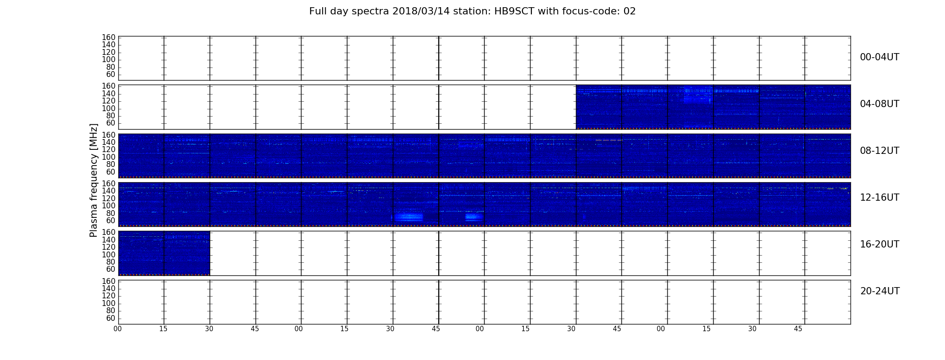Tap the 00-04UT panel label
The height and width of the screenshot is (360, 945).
[x=880, y=57]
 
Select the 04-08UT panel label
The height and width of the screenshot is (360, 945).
[x=880, y=104]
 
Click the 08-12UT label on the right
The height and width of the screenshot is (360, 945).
[x=880, y=151]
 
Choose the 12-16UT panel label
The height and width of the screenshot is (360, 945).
[x=880, y=198]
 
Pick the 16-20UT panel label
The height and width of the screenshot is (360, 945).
[x=880, y=244]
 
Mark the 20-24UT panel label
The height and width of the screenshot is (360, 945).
[x=880, y=291]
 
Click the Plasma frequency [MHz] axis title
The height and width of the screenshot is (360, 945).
[x=94, y=180]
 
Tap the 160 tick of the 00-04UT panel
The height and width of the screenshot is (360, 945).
[x=108, y=37]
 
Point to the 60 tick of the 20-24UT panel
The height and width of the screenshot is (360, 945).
[x=111, y=318]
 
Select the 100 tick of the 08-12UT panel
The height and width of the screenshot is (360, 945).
[x=108, y=157]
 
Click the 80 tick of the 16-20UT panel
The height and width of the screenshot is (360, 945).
[x=111, y=262]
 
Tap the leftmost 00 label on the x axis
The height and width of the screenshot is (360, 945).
[x=117, y=329]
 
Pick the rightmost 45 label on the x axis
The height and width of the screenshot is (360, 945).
[x=798, y=329]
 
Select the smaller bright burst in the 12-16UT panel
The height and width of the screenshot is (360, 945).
[x=473, y=217]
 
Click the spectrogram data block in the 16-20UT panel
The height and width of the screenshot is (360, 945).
[x=164, y=253]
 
